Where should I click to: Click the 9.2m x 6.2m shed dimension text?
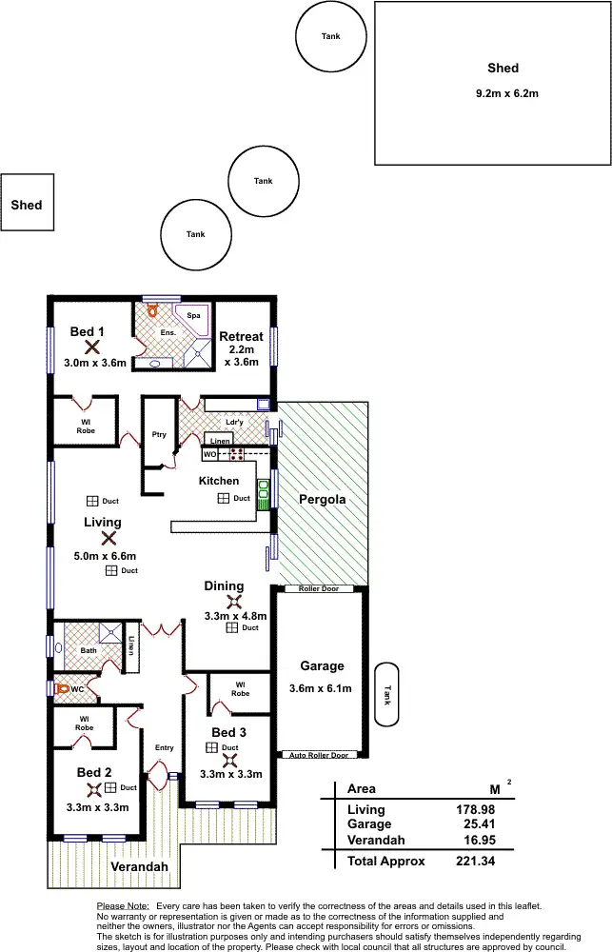pos(506,93)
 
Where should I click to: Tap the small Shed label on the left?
pos(27,205)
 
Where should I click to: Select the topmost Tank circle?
pos(330,37)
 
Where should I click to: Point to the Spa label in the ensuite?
pos(192,314)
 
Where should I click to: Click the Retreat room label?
pos(241,336)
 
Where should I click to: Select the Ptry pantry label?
pos(159,435)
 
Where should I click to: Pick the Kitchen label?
pos(219,481)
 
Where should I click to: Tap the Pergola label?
pos(322,499)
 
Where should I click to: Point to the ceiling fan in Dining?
pos(233,602)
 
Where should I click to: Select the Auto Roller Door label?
pos(320,755)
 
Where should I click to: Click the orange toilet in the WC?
pos(62,687)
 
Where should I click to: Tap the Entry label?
pos(164,747)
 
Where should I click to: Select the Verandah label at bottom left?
pos(139,867)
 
